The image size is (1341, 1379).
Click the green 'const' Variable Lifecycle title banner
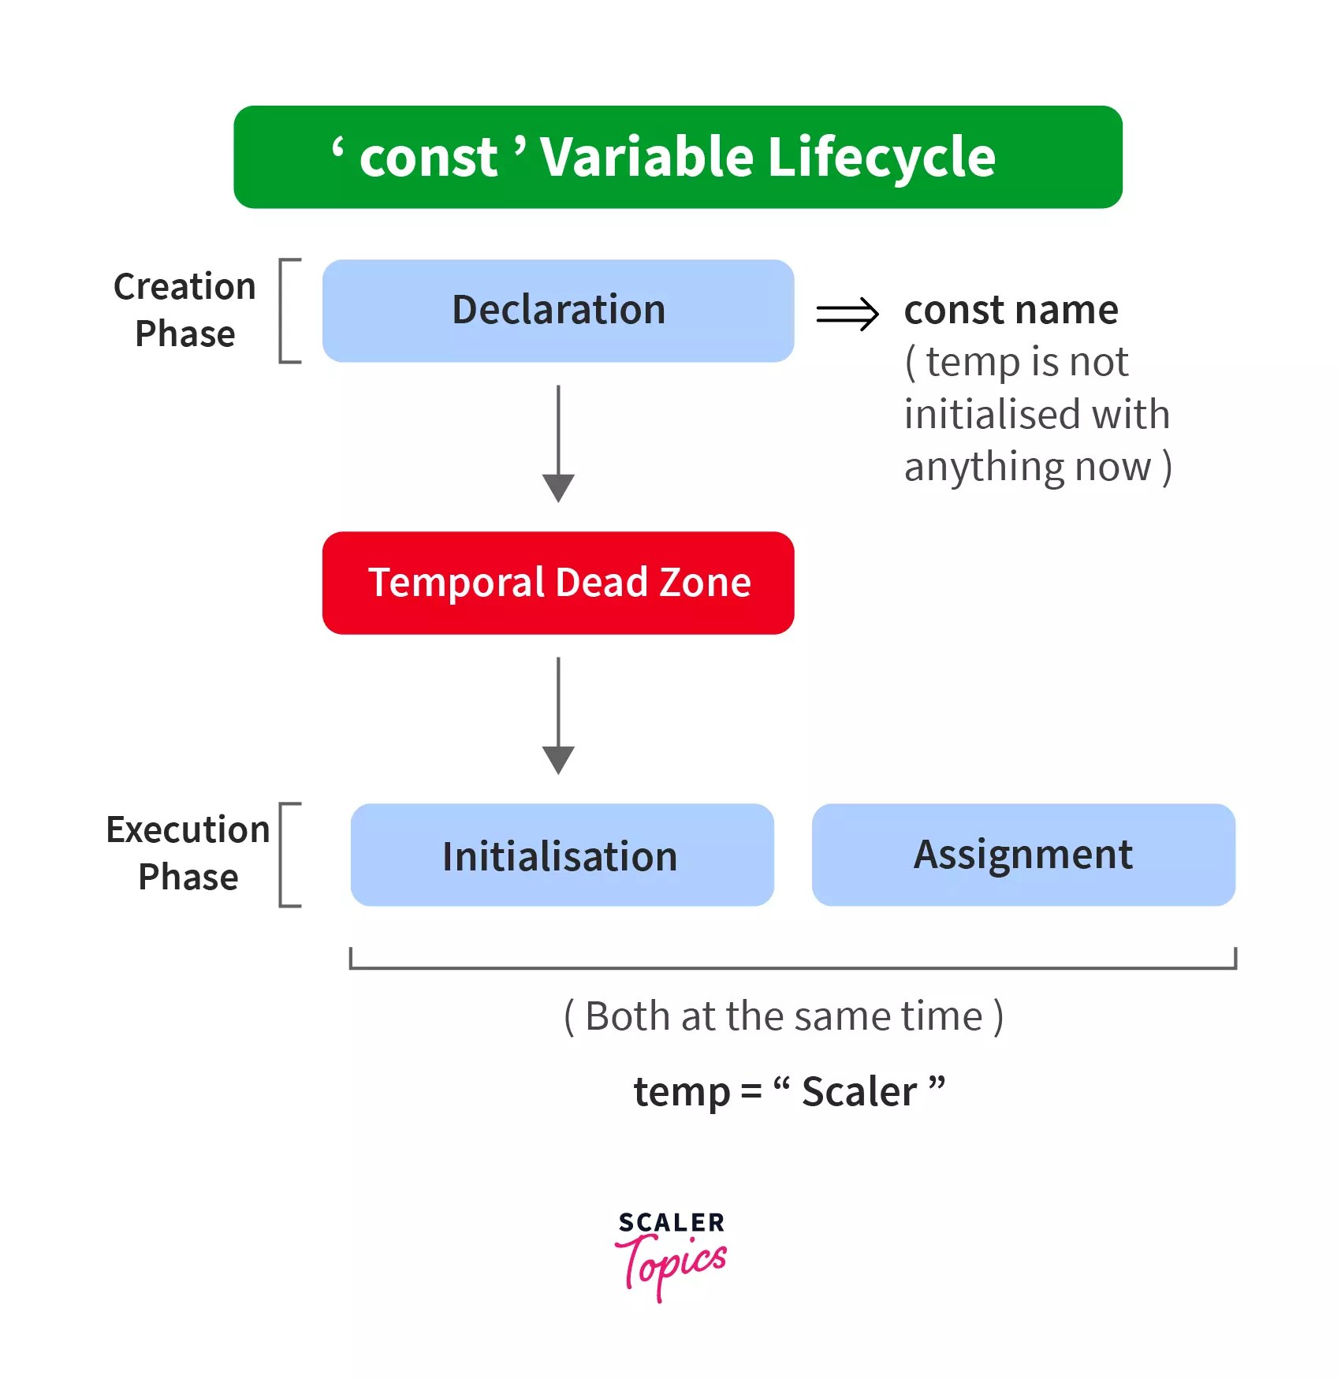[677, 157]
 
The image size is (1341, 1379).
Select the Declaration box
[558, 311]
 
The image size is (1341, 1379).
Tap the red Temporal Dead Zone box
[558, 583]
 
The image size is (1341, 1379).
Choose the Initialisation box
[561, 855]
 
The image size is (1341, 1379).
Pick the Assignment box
[1023, 855]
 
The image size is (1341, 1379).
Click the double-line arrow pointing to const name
[847, 314]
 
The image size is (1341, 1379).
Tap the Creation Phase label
[185, 310]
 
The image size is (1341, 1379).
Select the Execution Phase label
[188, 853]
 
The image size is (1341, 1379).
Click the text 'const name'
[1011, 310]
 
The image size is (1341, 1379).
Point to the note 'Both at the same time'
[784, 1016]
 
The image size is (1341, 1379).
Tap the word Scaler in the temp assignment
[859, 1093]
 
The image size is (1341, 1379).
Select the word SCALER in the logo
[671, 1223]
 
